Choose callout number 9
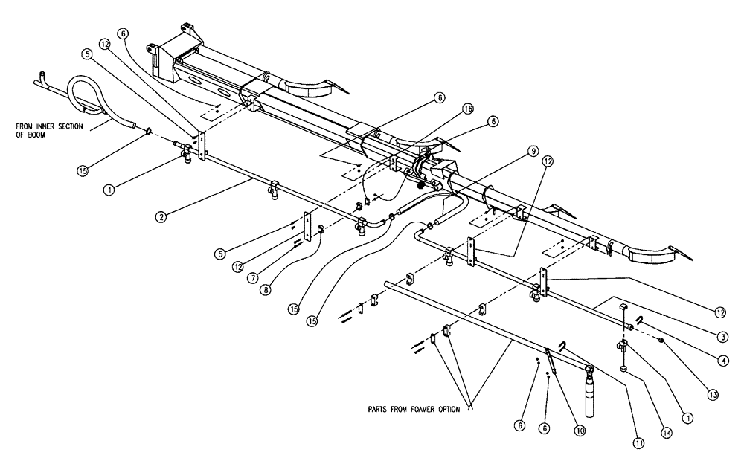tap(532, 151)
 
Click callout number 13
tap(713, 395)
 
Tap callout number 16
tap(467, 109)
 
